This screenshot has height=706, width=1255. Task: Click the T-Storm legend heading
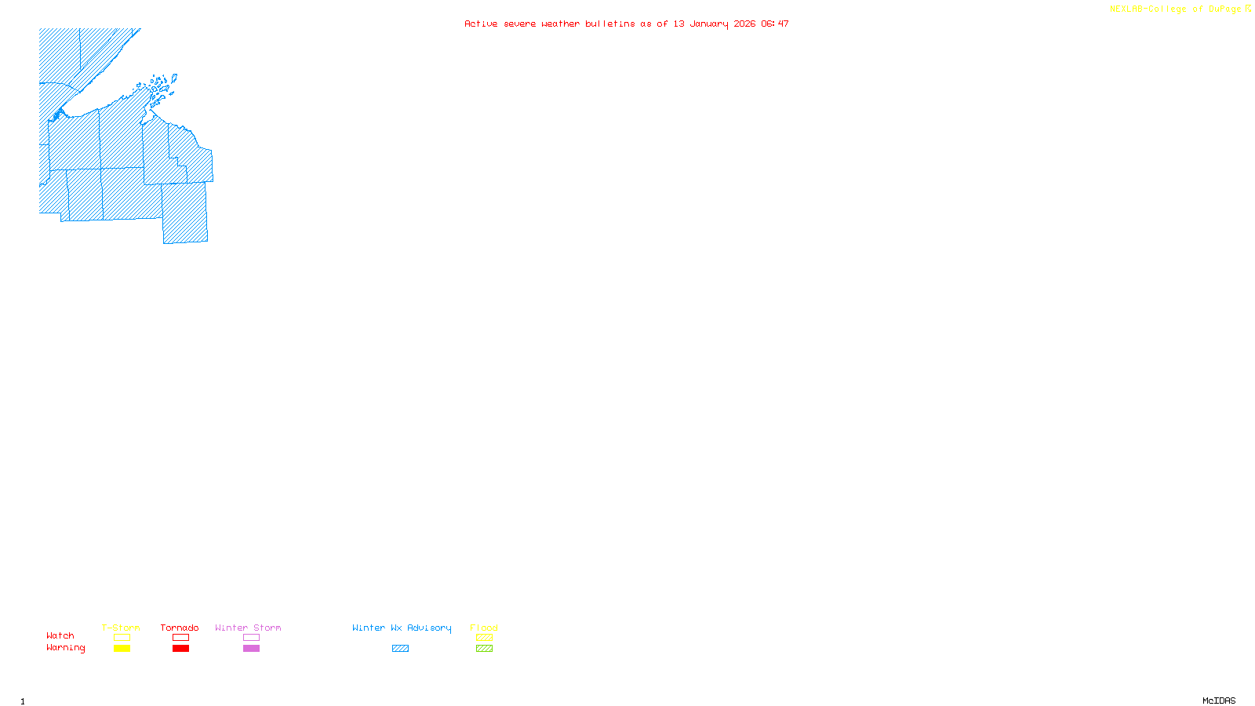click(121, 628)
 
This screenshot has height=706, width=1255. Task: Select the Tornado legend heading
click(180, 628)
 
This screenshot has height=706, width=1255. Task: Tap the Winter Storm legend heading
click(248, 628)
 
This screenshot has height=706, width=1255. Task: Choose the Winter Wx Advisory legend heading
click(402, 628)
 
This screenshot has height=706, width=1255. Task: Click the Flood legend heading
click(484, 628)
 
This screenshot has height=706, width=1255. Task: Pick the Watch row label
click(60, 636)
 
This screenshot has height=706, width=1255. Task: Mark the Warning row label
click(66, 648)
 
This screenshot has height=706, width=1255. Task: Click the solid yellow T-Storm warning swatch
click(122, 649)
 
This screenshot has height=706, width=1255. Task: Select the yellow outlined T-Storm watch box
click(122, 638)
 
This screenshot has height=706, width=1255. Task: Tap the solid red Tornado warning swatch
click(180, 649)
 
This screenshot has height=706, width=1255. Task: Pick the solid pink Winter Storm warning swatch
click(251, 649)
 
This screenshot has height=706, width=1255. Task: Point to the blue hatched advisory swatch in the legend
click(400, 649)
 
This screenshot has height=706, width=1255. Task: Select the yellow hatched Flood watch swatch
click(484, 638)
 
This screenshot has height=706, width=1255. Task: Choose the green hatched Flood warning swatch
click(484, 649)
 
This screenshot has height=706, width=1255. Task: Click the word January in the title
click(709, 24)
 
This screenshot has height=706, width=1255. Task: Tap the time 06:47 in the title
click(775, 24)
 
